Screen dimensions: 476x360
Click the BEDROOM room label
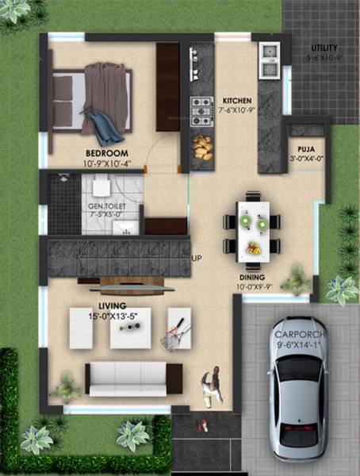click(x=107, y=152)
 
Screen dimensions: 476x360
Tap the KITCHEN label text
click(x=237, y=101)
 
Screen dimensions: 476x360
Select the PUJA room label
click(x=307, y=149)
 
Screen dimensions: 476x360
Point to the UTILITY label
click(x=324, y=48)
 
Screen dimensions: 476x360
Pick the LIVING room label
click(x=113, y=305)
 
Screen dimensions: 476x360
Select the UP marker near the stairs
click(x=197, y=259)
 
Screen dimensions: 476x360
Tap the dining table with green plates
click(x=254, y=223)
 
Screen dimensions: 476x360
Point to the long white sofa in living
click(x=134, y=378)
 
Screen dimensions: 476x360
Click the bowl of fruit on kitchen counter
click(x=201, y=147)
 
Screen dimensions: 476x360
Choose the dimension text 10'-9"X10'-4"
click(x=107, y=163)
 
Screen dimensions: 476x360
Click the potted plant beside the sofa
click(x=65, y=388)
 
